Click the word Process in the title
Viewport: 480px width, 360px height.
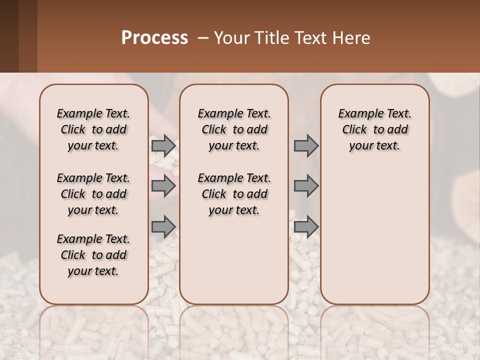(154, 38)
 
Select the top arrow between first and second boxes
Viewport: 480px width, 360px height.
(163, 145)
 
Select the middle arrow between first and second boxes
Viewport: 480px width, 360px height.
(163, 186)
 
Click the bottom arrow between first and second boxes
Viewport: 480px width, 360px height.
(163, 226)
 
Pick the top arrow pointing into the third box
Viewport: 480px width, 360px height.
(306, 145)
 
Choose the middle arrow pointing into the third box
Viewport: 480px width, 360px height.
(306, 186)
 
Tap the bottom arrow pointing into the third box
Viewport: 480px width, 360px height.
(306, 226)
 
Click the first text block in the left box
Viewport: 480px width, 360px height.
(93, 129)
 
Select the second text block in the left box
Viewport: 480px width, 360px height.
(93, 194)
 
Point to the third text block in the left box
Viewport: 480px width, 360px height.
(93, 255)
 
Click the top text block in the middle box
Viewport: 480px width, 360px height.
(234, 129)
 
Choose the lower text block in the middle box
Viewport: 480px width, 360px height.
(234, 194)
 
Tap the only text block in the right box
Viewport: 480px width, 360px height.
(374, 129)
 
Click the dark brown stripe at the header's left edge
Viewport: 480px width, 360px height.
(9, 36)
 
